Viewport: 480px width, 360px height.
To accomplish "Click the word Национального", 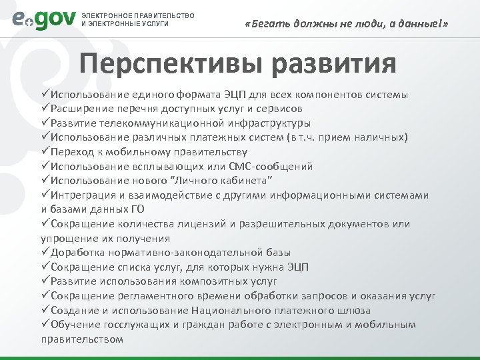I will point(232,311).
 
